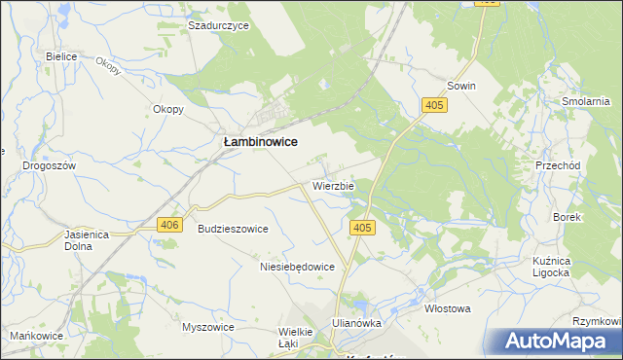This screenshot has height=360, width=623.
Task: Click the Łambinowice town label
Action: tap(260, 141)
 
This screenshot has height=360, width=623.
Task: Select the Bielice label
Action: tap(61, 56)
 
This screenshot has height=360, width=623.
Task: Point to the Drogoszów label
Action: tap(49, 165)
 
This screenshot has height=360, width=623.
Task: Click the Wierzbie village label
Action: tap(333, 184)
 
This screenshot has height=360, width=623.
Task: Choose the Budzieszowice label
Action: tap(233, 229)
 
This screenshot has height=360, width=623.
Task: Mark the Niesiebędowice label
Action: tap(297, 266)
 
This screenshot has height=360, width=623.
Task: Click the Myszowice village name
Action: tap(208, 327)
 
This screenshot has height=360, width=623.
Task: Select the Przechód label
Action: tap(558, 165)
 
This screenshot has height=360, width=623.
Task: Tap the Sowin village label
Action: tap(461, 86)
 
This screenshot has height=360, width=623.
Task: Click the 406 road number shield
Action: tap(169, 225)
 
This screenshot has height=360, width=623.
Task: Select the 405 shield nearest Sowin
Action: tap(434, 104)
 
